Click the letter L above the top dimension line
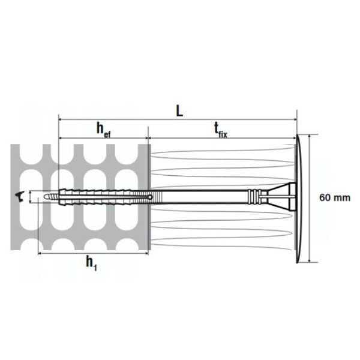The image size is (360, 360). tap(179, 111)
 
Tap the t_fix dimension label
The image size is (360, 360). tap(220, 130)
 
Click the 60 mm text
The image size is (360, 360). tap(334, 197)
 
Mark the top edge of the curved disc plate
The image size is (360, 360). tap(296, 137)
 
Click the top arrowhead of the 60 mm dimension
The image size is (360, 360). tap(309, 137)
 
